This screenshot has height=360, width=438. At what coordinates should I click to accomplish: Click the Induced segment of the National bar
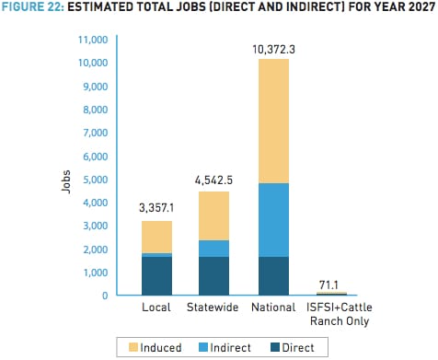click(x=273, y=121)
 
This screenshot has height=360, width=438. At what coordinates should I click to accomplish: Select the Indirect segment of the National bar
click(x=273, y=220)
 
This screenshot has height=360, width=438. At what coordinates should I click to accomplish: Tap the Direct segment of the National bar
click(x=273, y=276)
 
